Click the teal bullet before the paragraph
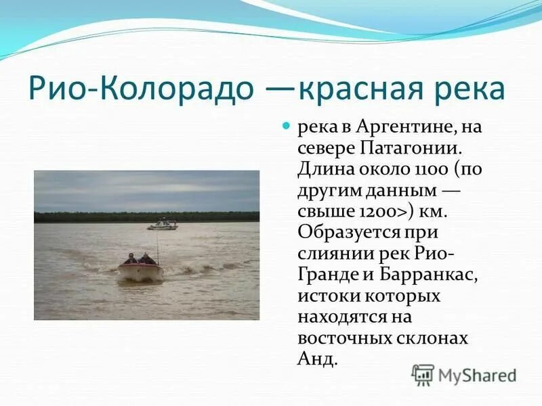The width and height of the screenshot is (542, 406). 285,127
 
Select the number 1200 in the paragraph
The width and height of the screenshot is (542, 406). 379,211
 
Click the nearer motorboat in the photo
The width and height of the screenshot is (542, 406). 141,268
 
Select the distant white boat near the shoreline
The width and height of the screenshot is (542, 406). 163,224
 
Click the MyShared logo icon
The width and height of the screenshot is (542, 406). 423,374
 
